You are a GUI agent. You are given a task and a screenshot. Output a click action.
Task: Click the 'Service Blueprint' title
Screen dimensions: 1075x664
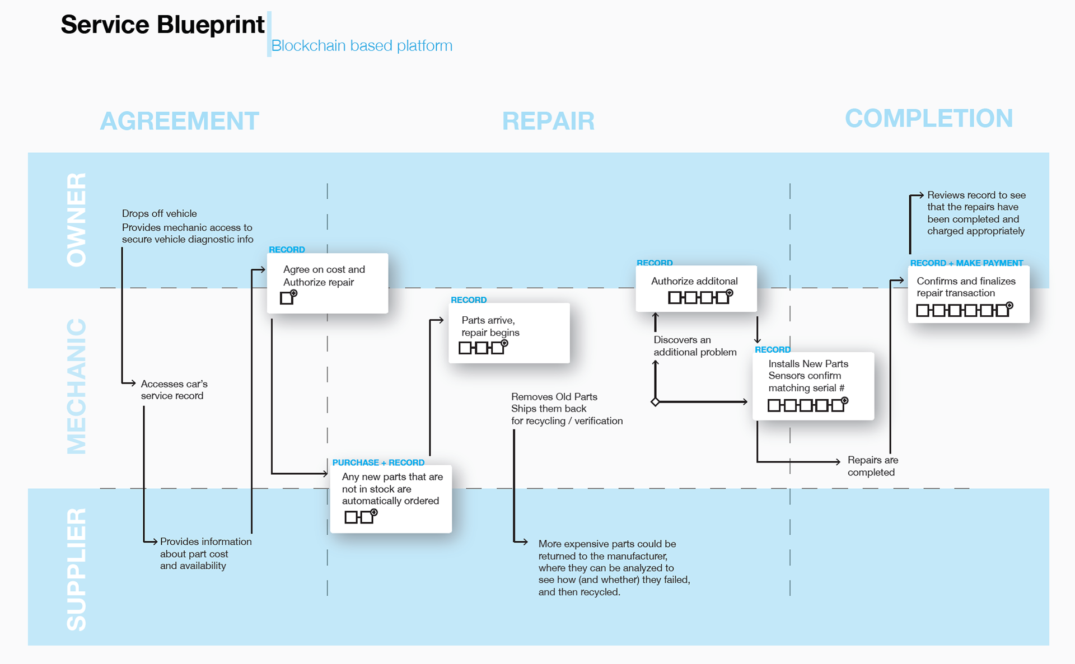[x=162, y=25]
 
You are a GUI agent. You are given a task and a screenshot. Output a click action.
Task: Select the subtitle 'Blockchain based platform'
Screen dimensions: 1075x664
[x=362, y=46]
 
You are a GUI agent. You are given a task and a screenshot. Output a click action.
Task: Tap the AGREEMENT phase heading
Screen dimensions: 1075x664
[x=179, y=121]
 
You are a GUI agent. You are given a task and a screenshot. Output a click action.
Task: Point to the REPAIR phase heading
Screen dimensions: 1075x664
[x=548, y=121]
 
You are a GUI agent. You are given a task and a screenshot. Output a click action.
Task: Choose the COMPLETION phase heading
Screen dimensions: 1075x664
[x=929, y=118]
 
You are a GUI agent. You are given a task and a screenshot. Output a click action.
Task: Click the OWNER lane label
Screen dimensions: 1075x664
[x=77, y=219]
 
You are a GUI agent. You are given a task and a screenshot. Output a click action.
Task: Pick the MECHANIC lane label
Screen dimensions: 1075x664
[x=77, y=386]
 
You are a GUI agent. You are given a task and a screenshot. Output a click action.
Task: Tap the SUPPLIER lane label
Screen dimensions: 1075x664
[x=77, y=569]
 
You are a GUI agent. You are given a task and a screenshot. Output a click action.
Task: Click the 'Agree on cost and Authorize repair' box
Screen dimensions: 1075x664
[x=328, y=283]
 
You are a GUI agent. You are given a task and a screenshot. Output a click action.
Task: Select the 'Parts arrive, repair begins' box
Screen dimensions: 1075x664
[x=509, y=333]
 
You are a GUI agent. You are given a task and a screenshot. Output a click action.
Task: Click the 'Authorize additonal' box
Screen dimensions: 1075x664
[x=696, y=288]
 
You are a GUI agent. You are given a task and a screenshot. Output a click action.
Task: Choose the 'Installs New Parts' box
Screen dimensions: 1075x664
[x=813, y=386]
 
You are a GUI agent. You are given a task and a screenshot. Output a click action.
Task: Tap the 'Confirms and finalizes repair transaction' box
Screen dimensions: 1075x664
[x=969, y=294]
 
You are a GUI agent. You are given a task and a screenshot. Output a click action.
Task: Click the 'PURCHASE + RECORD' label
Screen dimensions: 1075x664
[x=378, y=462]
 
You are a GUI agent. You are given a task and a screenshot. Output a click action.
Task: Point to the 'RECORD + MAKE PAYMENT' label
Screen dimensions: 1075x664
[x=966, y=263]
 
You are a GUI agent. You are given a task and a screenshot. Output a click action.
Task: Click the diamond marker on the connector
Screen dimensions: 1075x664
[x=655, y=401]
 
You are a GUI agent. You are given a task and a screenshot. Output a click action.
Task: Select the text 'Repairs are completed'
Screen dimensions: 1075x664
[x=873, y=466]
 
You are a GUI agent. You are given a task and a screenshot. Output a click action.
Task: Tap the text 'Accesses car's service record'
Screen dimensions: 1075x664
[x=174, y=390]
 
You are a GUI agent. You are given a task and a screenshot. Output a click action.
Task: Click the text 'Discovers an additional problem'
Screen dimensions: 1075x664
[x=695, y=346]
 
